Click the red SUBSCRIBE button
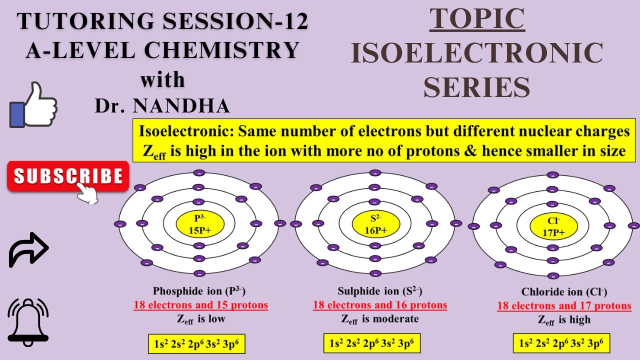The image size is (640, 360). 68,176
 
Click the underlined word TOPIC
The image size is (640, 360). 477,19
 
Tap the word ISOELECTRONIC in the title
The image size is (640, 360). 477,53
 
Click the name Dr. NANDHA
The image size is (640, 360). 162,105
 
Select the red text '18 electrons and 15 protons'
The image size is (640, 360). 200,305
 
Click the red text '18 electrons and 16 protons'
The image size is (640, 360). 380,305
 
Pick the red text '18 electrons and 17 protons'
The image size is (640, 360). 564,306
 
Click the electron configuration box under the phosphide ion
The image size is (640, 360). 196,344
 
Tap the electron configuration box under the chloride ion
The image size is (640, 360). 561,344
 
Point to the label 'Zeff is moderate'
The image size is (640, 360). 380,319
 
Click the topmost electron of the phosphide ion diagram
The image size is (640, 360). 199,173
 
